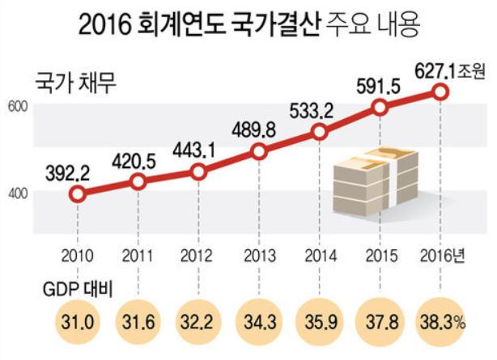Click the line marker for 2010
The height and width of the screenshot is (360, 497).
(x=77, y=194)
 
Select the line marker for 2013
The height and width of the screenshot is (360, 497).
(x=259, y=151)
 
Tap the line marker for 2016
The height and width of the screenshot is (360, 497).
(x=440, y=92)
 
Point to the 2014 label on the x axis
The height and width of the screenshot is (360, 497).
(x=320, y=257)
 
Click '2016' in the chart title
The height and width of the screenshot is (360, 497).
(x=107, y=24)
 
